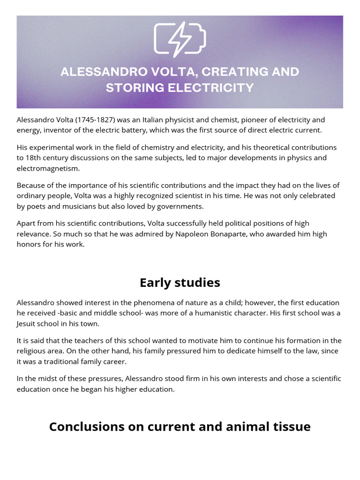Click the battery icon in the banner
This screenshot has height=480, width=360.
(x=180, y=39)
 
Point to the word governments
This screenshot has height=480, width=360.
(x=184, y=206)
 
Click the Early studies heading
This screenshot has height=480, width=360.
(x=180, y=283)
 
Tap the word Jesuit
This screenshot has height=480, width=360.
(x=28, y=323)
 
